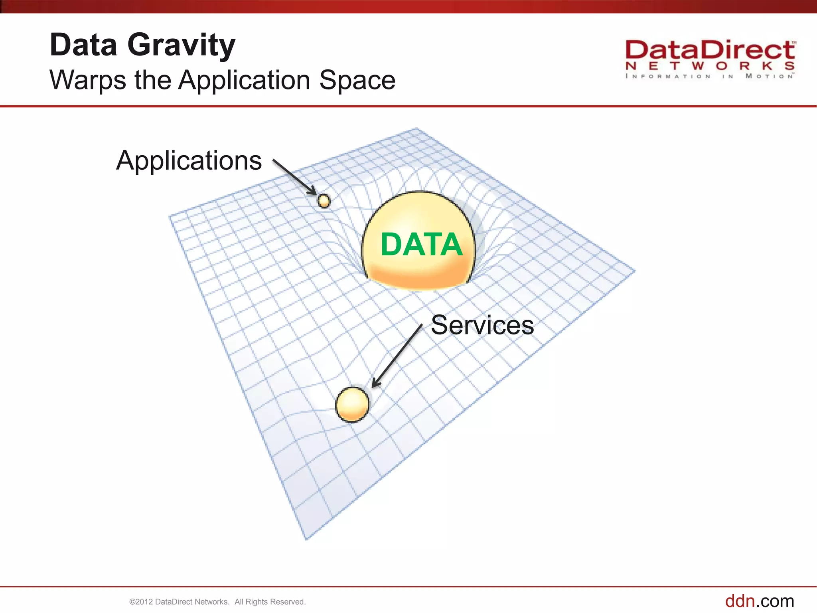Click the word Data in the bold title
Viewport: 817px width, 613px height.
coord(83,45)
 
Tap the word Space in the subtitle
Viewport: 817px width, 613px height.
coord(357,80)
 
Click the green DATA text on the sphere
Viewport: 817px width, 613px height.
coord(421,244)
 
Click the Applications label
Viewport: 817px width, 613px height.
coord(189,161)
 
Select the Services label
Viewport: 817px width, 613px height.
coord(482,325)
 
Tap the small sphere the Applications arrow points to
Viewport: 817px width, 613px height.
coord(324,201)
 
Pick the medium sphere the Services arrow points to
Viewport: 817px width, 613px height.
coord(352,404)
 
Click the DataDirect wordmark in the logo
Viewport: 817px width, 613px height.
coord(709,51)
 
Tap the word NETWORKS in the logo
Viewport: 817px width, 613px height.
coord(709,66)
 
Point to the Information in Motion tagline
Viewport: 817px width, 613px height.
coord(709,76)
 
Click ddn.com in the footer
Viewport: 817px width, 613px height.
coord(759,601)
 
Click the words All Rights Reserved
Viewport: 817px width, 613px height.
coord(270,602)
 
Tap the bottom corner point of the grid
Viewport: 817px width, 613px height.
coord(306,540)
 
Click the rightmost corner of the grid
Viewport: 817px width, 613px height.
coord(634,271)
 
